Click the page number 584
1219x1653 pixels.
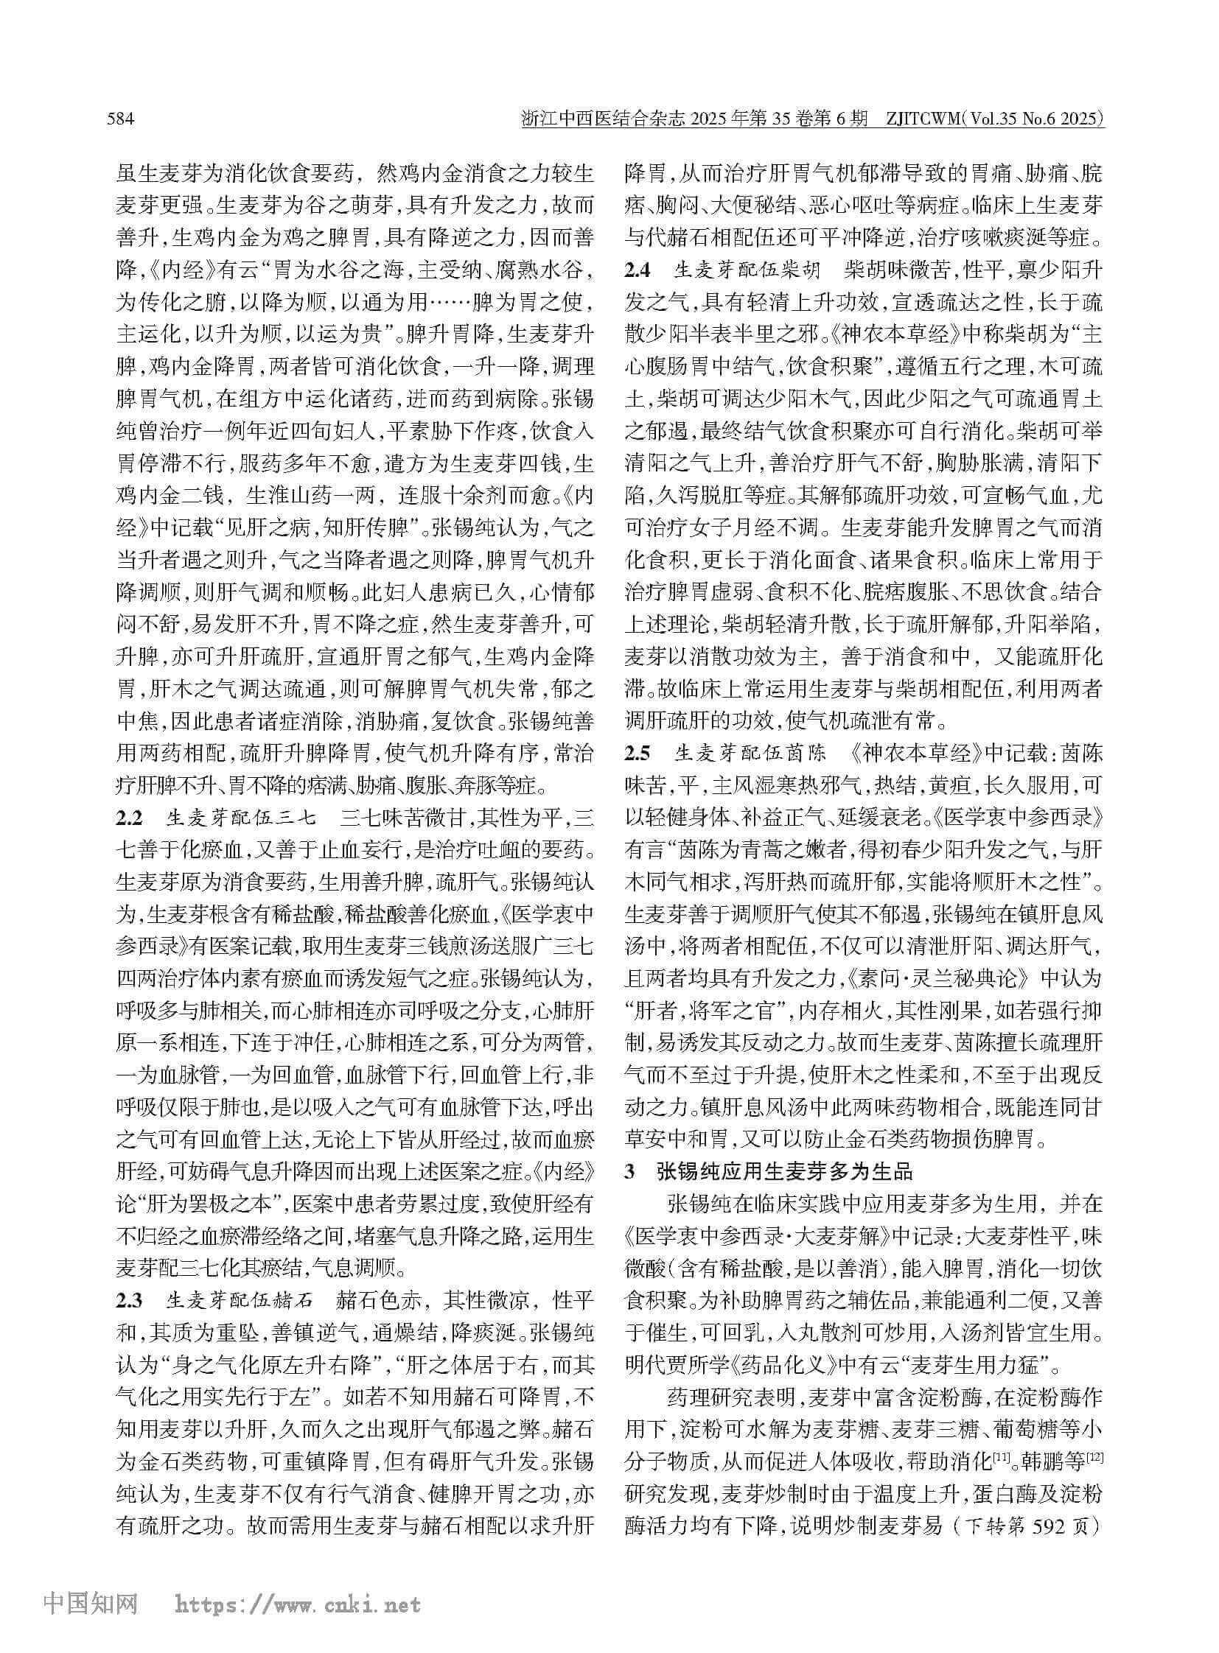click(x=121, y=119)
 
